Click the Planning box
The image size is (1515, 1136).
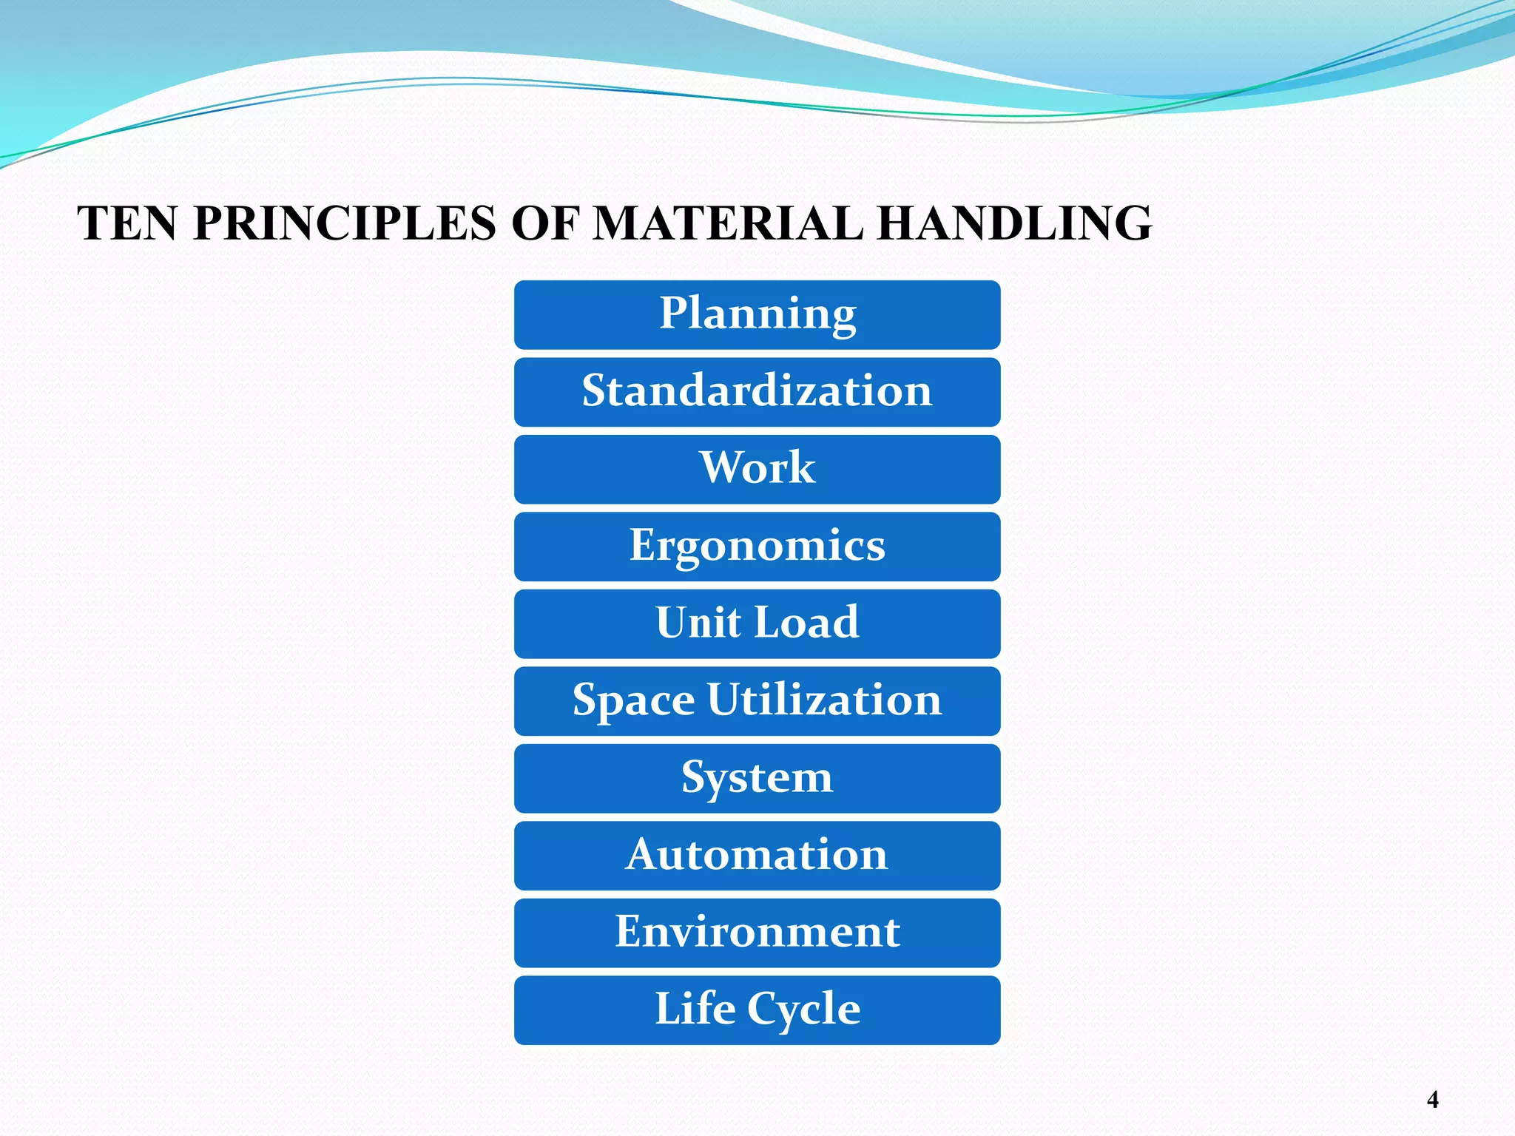[757, 314]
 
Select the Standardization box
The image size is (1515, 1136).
[757, 392]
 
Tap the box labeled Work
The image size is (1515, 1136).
[757, 469]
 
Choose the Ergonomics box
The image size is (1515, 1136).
[757, 547]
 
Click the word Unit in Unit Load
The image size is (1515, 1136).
[698, 622]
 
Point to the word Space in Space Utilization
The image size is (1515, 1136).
[633, 700]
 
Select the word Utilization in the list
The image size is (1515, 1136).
[824, 699]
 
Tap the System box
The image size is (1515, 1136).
[757, 778]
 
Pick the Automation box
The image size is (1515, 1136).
[757, 856]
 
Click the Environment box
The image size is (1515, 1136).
[757, 933]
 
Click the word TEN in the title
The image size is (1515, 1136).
[127, 223]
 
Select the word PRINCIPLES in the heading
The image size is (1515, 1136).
[345, 223]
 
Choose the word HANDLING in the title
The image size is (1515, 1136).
[1014, 223]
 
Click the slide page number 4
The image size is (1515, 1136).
[1432, 1100]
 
